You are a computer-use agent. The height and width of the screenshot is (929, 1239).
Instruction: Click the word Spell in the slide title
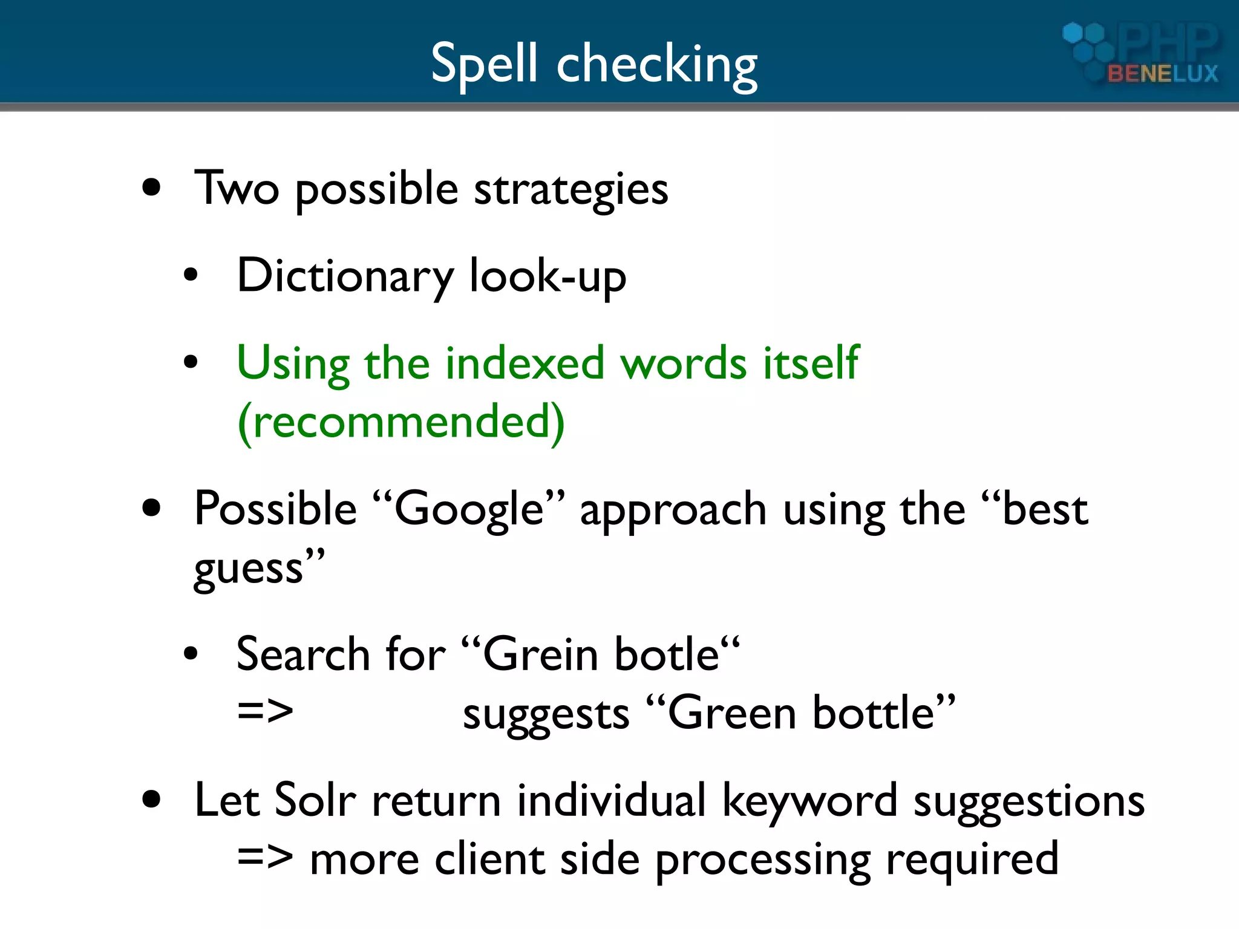484,64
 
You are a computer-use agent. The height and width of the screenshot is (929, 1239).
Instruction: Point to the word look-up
548,277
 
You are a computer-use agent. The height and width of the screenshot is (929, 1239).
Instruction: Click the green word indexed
525,363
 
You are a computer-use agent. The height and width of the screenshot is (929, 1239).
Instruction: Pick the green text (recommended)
401,422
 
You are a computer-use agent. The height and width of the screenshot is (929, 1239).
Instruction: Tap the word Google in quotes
469,509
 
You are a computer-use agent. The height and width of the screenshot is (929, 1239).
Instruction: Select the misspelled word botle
666,655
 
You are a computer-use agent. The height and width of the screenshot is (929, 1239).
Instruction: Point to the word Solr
315,801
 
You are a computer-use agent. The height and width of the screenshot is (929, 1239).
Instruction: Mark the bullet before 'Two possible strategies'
152,188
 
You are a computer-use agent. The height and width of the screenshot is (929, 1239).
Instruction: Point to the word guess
248,570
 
